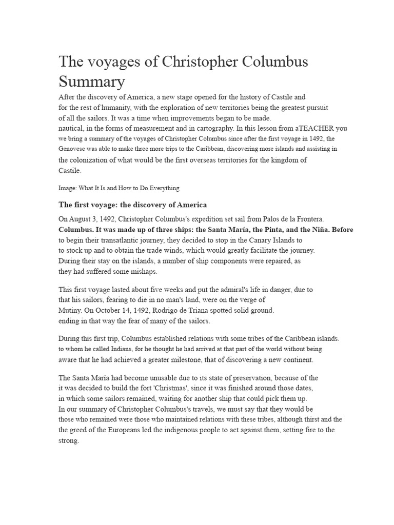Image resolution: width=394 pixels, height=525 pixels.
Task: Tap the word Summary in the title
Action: tap(92, 82)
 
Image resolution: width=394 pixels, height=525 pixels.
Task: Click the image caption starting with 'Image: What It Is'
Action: tap(119, 188)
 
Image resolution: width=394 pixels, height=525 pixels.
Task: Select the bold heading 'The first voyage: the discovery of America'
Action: tap(133, 205)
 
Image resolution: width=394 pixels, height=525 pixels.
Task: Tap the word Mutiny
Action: tap(71, 311)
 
